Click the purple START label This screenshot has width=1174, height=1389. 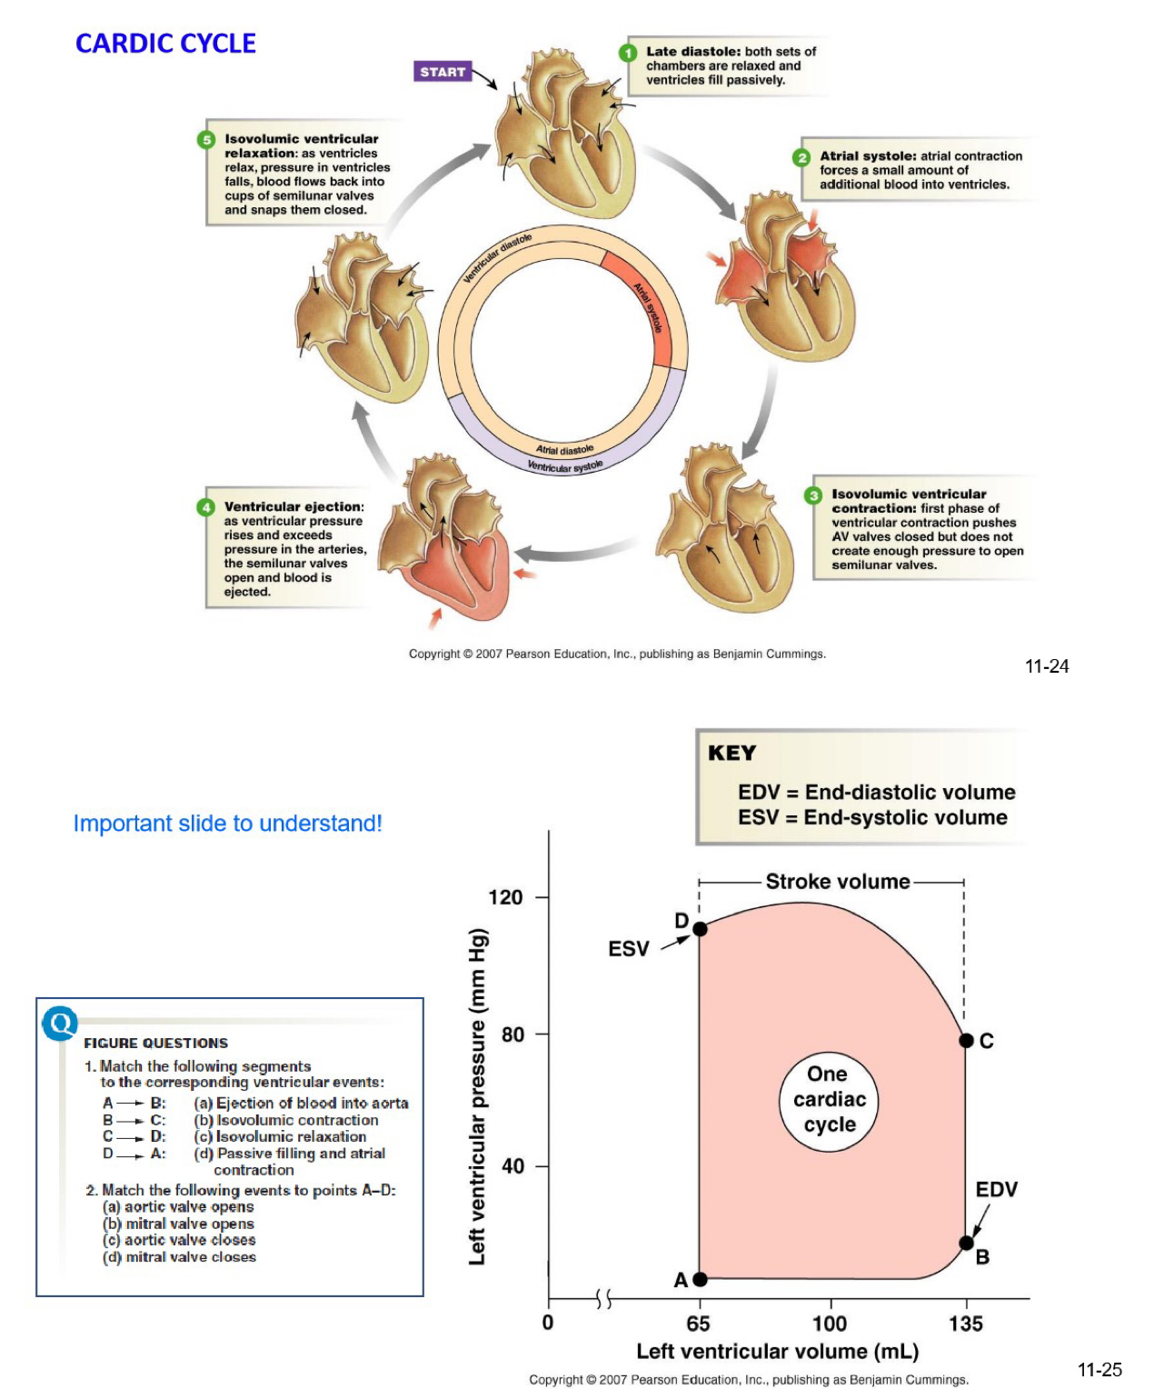[x=443, y=72]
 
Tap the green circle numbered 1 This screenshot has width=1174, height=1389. [x=628, y=53]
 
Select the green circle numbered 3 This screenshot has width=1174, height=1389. [x=813, y=495]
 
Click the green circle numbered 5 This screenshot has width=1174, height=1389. [x=206, y=140]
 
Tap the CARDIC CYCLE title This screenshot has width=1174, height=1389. [x=165, y=44]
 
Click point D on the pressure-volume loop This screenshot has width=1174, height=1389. [x=700, y=929]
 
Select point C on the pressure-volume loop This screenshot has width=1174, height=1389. [x=967, y=1041]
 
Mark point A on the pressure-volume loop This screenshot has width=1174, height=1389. [x=700, y=1279]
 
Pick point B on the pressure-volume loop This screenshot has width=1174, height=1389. [x=967, y=1243]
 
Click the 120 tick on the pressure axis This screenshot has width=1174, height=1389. [x=506, y=897]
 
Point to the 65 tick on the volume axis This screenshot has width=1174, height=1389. [x=698, y=1324]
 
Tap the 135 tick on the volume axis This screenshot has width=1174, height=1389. [x=966, y=1324]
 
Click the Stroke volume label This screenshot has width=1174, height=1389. [x=837, y=882]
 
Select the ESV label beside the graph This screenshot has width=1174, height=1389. [x=629, y=949]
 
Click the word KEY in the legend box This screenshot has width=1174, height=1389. [x=731, y=754]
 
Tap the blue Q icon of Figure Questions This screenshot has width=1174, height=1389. [x=60, y=1024]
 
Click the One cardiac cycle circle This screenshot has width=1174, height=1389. [x=830, y=1100]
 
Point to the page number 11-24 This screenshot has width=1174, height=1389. [x=1047, y=666]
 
